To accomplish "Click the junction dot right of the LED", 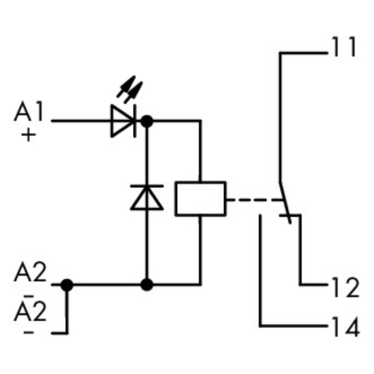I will (x=147, y=121).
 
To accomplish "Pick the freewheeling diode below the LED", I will (x=147, y=197).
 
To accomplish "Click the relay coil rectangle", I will (x=200, y=199).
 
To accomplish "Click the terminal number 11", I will (x=343, y=48).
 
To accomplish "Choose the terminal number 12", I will (x=344, y=288).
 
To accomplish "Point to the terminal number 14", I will (x=344, y=328).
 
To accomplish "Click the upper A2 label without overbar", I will (x=30, y=274).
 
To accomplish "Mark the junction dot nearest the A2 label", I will (x=67, y=285).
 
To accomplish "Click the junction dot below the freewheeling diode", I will (x=147, y=285).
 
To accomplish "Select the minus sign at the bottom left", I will (x=29, y=332).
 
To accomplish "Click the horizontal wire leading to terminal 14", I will (x=294, y=327).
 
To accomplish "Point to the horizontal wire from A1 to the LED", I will (x=80, y=121).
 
